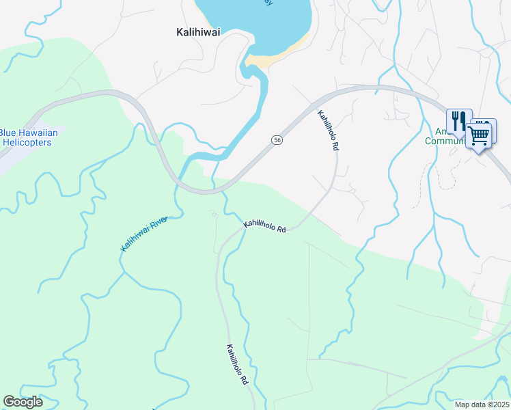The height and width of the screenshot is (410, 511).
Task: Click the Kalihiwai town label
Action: click(198, 31)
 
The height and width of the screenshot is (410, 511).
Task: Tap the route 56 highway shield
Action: click(277, 139)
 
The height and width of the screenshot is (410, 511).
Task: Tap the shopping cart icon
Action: click(478, 135)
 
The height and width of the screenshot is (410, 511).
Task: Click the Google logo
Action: click(23, 402)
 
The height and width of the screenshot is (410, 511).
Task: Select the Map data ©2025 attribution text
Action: click(482, 404)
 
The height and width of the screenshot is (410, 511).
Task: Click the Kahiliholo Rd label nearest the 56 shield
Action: click(327, 127)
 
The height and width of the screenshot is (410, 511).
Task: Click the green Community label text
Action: click(444, 141)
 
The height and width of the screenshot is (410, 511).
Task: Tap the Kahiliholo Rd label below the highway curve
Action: click(264, 225)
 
